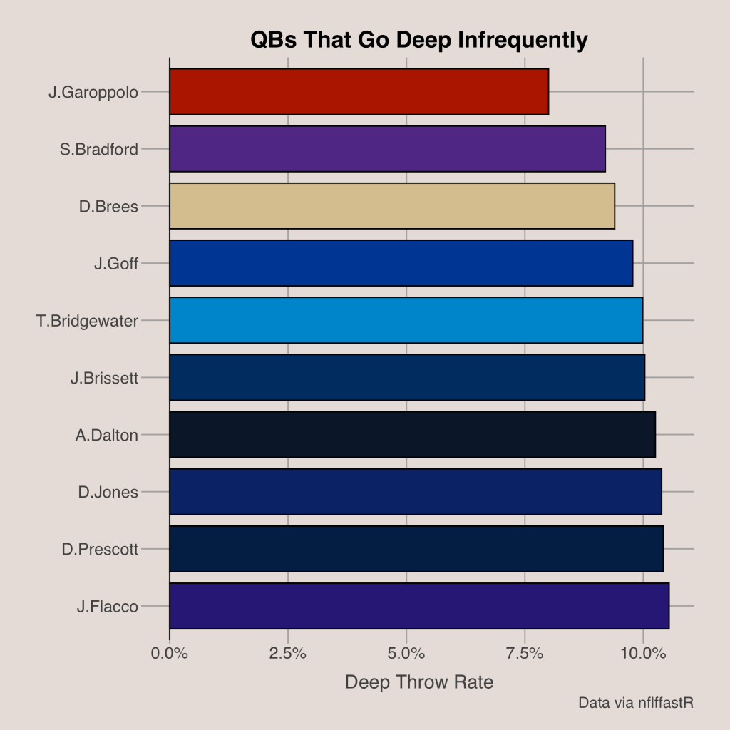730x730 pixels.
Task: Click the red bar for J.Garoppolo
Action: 359,92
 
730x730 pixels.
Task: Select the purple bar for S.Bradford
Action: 387,149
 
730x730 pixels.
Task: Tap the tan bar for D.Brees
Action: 392,206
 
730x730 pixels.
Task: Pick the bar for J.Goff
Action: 401,263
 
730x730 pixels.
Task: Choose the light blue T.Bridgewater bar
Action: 406,320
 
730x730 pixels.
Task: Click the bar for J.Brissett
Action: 407,377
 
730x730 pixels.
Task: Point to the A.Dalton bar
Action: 412,434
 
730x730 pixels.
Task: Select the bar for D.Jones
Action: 416,491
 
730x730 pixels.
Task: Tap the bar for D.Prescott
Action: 416,548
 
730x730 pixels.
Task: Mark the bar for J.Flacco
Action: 419,605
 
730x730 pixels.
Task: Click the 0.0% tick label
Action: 170,652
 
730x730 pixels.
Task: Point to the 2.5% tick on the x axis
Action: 288,652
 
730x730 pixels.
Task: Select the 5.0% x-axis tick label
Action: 406,652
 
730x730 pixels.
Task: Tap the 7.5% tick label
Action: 525,652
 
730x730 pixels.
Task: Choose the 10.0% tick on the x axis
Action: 643,652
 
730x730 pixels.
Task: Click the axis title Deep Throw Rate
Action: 419,682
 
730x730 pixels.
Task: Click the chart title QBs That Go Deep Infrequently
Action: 419,41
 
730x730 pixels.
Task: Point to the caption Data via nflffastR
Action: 636,703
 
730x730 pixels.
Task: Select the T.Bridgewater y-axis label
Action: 87,321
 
